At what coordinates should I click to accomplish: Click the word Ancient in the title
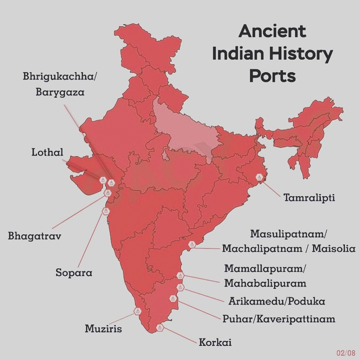(272, 32)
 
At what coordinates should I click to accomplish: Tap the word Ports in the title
(272, 76)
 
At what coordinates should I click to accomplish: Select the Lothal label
(47, 153)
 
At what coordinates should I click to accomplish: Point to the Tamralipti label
(309, 198)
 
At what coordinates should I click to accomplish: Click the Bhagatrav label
(34, 236)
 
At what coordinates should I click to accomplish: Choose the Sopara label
(74, 272)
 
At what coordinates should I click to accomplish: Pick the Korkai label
(215, 342)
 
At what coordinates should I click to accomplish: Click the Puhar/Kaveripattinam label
(279, 319)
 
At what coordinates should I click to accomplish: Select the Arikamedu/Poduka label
(277, 301)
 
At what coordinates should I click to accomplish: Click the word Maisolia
(334, 249)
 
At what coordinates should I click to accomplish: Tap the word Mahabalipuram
(265, 283)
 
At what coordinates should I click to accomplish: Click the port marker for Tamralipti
(259, 178)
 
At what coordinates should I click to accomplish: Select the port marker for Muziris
(137, 311)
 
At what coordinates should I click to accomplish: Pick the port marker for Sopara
(105, 211)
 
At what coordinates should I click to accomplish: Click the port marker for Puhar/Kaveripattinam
(172, 298)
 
